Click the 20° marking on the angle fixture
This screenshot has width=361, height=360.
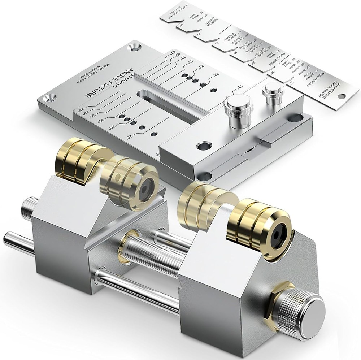[x=129, y=137]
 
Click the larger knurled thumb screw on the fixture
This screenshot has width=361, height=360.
[x=238, y=111]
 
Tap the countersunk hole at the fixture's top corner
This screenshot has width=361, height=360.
[x=137, y=47]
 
